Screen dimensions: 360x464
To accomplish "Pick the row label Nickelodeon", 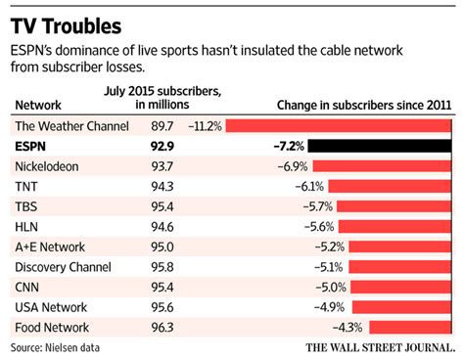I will (49, 167).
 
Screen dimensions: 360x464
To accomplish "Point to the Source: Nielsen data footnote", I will (56, 347).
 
